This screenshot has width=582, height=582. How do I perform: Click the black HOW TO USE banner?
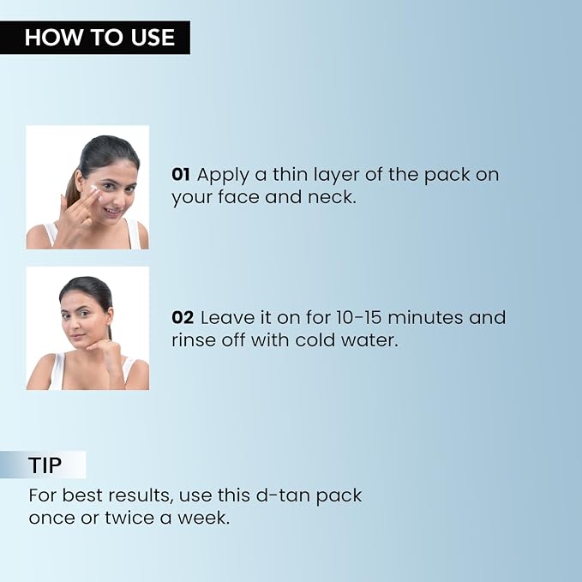pyautogui.click(x=95, y=37)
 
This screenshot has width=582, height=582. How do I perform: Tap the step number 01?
pyautogui.click(x=181, y=175)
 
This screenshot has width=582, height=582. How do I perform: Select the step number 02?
pyautogui.click(x=183, y=318)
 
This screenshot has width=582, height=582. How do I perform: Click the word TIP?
pyautogui.click(x=45, y=465)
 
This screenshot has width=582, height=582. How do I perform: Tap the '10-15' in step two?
pyautogui.click(x=359, y=318)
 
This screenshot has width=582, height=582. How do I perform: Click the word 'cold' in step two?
pyautogui.click(x=315, y=340)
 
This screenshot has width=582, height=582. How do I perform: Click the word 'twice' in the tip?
pyautogui.click(x=129, y=518)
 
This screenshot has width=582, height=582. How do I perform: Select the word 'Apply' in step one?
pyautogui.click(x=223, y=176)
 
